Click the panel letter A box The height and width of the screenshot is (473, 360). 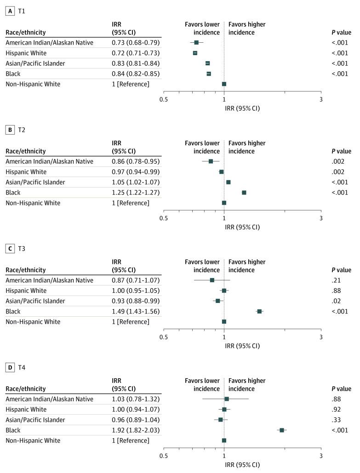(9, 11)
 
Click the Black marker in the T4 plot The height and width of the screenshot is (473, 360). (282, 430)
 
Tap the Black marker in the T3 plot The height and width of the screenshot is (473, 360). (259, 311)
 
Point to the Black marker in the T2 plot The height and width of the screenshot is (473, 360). (244, 193)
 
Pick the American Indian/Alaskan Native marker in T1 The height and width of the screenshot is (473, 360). (196, 43)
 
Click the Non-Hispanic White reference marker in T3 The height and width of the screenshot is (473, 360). (224, 321)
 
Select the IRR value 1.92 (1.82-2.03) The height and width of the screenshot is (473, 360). (136, 430)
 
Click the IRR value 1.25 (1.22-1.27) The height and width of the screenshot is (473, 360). (136, 193)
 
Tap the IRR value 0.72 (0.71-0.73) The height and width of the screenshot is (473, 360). (136, 53)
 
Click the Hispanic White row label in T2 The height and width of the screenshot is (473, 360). (26, 172)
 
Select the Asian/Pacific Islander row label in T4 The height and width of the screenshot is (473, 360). (35, 420)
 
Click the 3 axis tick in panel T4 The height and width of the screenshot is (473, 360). (321, 456)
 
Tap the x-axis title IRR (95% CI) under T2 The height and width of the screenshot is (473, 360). (242, 227)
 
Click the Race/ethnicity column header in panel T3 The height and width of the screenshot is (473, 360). (25, 270)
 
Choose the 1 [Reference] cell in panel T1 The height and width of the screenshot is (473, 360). (131, 84)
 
